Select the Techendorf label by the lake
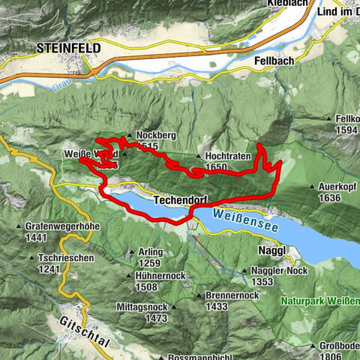(x=178, y=201)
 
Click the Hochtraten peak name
(x=226, y=157)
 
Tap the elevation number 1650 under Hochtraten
(x=216, y=167)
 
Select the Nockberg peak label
(x=155, y=136)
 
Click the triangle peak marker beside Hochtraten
(x=197, y=157)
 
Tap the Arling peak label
(x=150, y=253)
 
